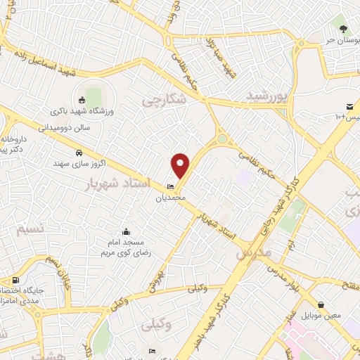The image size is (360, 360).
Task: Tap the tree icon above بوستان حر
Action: point(343,30)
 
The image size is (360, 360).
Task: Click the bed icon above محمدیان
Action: point(170,186)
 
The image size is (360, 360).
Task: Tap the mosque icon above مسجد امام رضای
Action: point(126,232)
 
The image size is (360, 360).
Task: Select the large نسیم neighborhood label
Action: point(33,229)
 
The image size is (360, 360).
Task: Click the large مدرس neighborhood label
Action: point(254,251)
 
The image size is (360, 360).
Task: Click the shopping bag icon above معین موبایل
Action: point(321,305)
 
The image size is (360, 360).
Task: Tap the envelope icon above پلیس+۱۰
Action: point(350,105)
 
